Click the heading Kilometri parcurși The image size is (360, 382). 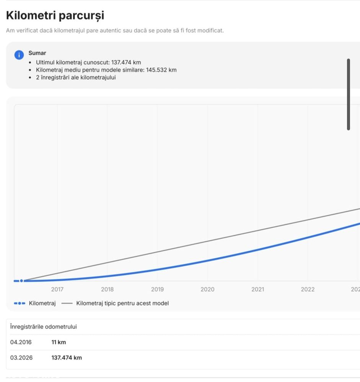pyautogui.click(x=55, y=16)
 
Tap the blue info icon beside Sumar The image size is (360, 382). pyautogui.click(x=19, y=55)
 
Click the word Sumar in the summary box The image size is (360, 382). pyautogui.click(x=37, y=53)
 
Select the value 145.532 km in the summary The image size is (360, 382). pyautogui.click(x=161, y=70)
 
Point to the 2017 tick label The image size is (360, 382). pyautogui.click(x=57, y=289)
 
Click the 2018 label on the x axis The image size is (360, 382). pyautogui.click(x=107, y=289)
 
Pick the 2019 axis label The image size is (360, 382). pyautogui.click(x=157, y=289)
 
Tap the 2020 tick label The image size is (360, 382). pyautogui.click(x=207, y=289)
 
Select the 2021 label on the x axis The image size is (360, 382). pyautogui.click(x=257, y=289)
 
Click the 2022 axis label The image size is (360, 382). pyautogui.click(x=308, y=289)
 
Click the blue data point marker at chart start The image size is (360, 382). pyautogui.click(x=21, y=281)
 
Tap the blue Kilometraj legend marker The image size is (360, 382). pyautogui.click(x=20, y=304)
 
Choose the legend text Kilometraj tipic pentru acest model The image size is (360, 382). pyautogui.click(x=122, y=303)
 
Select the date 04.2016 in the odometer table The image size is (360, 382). pyautogui.click(x=21, y=342)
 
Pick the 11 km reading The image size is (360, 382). pyautogui.click(x=59, y=342)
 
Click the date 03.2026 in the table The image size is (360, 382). pyautogui.click(x=21, y=358)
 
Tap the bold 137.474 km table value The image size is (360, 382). pyautogui.click(x=67, y=358)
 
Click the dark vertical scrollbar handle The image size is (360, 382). pyautogui.click(x=348, y=94)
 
